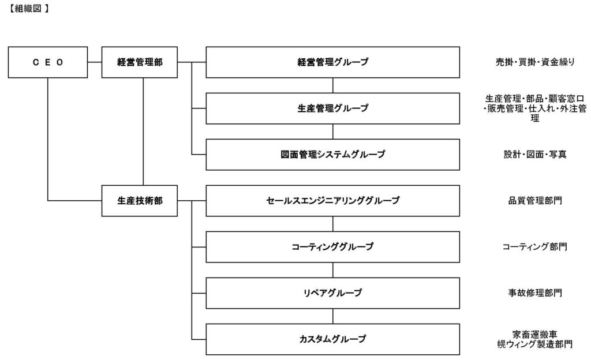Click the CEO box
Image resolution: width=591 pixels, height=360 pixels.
pyautogui.click(x=48, y=62)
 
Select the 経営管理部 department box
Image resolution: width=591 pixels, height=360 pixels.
pyautogui.click(x=140, y=62)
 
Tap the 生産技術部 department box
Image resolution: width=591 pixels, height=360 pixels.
pyautogui.click(x=140, y=200)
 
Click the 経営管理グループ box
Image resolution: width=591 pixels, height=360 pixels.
pyautogui.click(x=332, y=62)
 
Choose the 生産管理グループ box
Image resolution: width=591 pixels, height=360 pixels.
pyautogui.click(x=332, y=108)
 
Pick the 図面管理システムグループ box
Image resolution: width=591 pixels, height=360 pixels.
pyautogui.click(x=332, y=154)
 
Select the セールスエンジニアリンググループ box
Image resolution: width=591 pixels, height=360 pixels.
pyautogui.click(x=332, y=200)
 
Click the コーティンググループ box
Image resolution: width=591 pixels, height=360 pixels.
pyautogui.click(x=332, y=246)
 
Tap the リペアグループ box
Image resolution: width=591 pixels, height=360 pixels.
pyautogui.click(x=332, y=292)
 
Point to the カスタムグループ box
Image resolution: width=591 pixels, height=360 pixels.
pyautogui.click(x=332, y=339)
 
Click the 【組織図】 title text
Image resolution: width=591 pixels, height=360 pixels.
pyautogui.click(x=28, y=10)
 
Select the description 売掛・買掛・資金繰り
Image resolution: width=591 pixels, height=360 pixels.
pyautogui.click(x=534, y=62)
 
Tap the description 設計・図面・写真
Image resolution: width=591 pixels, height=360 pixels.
pyautogui.click(x=534, y=154)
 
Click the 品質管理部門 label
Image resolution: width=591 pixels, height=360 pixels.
pyautogui.click(x=534, y=200)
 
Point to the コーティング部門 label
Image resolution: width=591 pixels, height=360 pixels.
pyautogui.click(x=534, y=246)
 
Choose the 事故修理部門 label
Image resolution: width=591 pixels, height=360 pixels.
pyautogui.click(x=534, y=292)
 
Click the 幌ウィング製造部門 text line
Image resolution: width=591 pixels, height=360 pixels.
pyautogui.click(x=534, y=344)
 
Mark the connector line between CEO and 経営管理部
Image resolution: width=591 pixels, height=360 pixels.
pyautogui.click(x=95, y=62)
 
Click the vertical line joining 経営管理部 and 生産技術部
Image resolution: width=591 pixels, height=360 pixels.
pyautogui.click(x=143, y=131)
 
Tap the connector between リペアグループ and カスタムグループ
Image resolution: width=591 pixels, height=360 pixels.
pyautogui.click(x=333, y=316)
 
